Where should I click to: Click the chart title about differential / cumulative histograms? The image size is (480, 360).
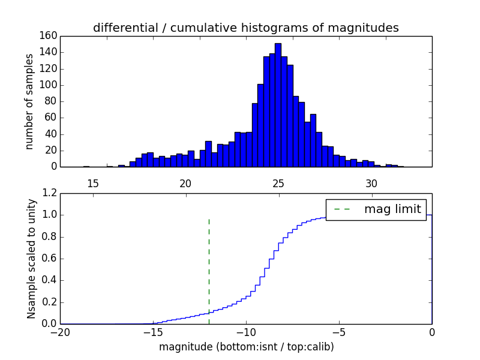[245, 28]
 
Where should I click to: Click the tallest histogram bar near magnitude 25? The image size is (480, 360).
[278, 105]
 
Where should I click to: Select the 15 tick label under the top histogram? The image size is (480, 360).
[92, 183]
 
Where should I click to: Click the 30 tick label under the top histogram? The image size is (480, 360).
[371, 183]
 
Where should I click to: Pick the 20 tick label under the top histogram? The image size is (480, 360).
[185, 183]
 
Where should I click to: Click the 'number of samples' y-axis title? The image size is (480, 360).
[29, 101]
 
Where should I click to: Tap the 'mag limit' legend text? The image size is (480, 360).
[392, 209]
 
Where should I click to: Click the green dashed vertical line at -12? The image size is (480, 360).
[209, 270]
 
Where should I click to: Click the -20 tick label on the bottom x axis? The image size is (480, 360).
[60, 332]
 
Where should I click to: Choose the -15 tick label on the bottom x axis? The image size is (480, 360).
[153, 332]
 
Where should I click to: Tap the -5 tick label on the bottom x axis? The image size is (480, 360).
[339, 332]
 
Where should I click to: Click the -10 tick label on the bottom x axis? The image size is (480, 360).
[246, 332]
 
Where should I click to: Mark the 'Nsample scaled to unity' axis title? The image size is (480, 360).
[31, 259]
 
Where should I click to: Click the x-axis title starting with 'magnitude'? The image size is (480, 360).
[246, 347]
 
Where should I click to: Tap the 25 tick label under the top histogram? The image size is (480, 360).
[278, 183]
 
